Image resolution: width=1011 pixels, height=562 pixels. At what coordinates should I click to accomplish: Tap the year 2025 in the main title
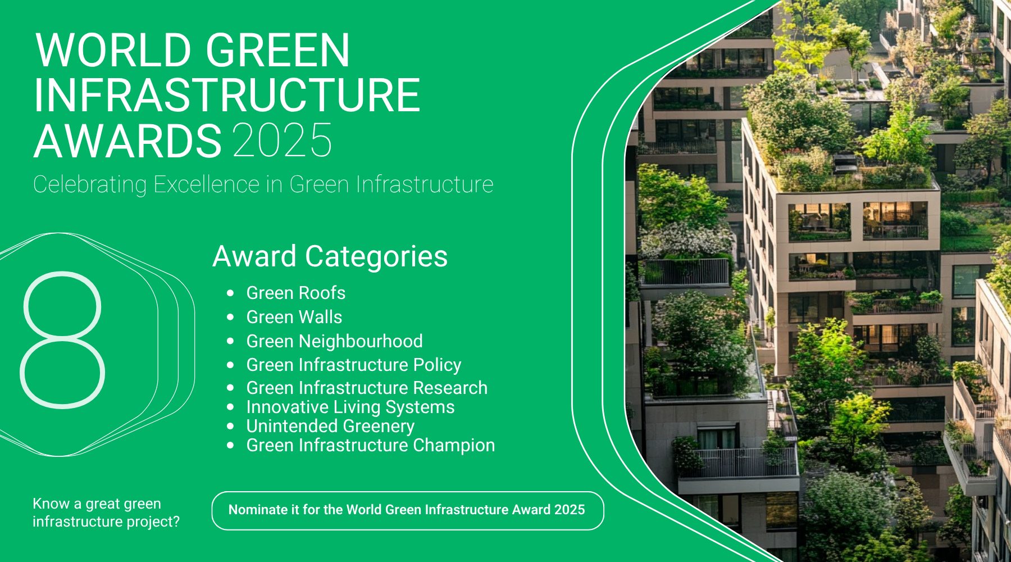click(x=283, y=140)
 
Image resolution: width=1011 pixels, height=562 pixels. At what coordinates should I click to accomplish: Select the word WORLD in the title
click(x=115, y=51)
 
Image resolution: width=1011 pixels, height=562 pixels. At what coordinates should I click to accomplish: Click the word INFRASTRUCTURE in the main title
click(x=227, y=96)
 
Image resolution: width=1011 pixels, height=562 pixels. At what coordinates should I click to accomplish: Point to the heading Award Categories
click(x=330, y=256)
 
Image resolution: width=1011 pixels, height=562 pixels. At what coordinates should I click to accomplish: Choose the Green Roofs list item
click(x=296, y=293)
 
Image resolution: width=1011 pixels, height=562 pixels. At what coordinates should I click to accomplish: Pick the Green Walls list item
click(x=294, y=317)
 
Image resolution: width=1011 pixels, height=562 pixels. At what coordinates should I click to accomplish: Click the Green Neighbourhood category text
click(x=335, y=341)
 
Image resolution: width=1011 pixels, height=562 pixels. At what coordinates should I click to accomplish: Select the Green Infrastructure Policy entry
click(x=354, y=365)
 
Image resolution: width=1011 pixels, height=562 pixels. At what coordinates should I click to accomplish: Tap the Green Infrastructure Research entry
click(x=367, y=388)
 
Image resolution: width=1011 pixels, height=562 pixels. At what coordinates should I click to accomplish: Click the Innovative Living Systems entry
click(x=350, y=407)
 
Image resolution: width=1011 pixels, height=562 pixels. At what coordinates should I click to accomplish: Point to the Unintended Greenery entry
click(x=330, y=426)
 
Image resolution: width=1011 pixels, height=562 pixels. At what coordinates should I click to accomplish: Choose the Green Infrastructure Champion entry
click(x=371, y=445)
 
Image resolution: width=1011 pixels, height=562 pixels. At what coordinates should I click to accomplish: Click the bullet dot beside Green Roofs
click(x=230, y=293)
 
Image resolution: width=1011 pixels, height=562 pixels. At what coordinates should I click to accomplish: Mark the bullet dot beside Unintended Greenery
click(x=230, y=427)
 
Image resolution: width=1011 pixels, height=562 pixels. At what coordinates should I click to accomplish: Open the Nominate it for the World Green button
click(x=408, y=511)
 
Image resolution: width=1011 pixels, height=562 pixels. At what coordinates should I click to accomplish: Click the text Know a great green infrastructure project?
click(x=106, y=513)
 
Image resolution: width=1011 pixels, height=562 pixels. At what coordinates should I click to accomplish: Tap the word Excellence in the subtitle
click(x=207, y=184)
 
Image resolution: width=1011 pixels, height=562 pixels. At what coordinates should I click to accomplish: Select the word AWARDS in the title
click(x=129, y=140)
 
